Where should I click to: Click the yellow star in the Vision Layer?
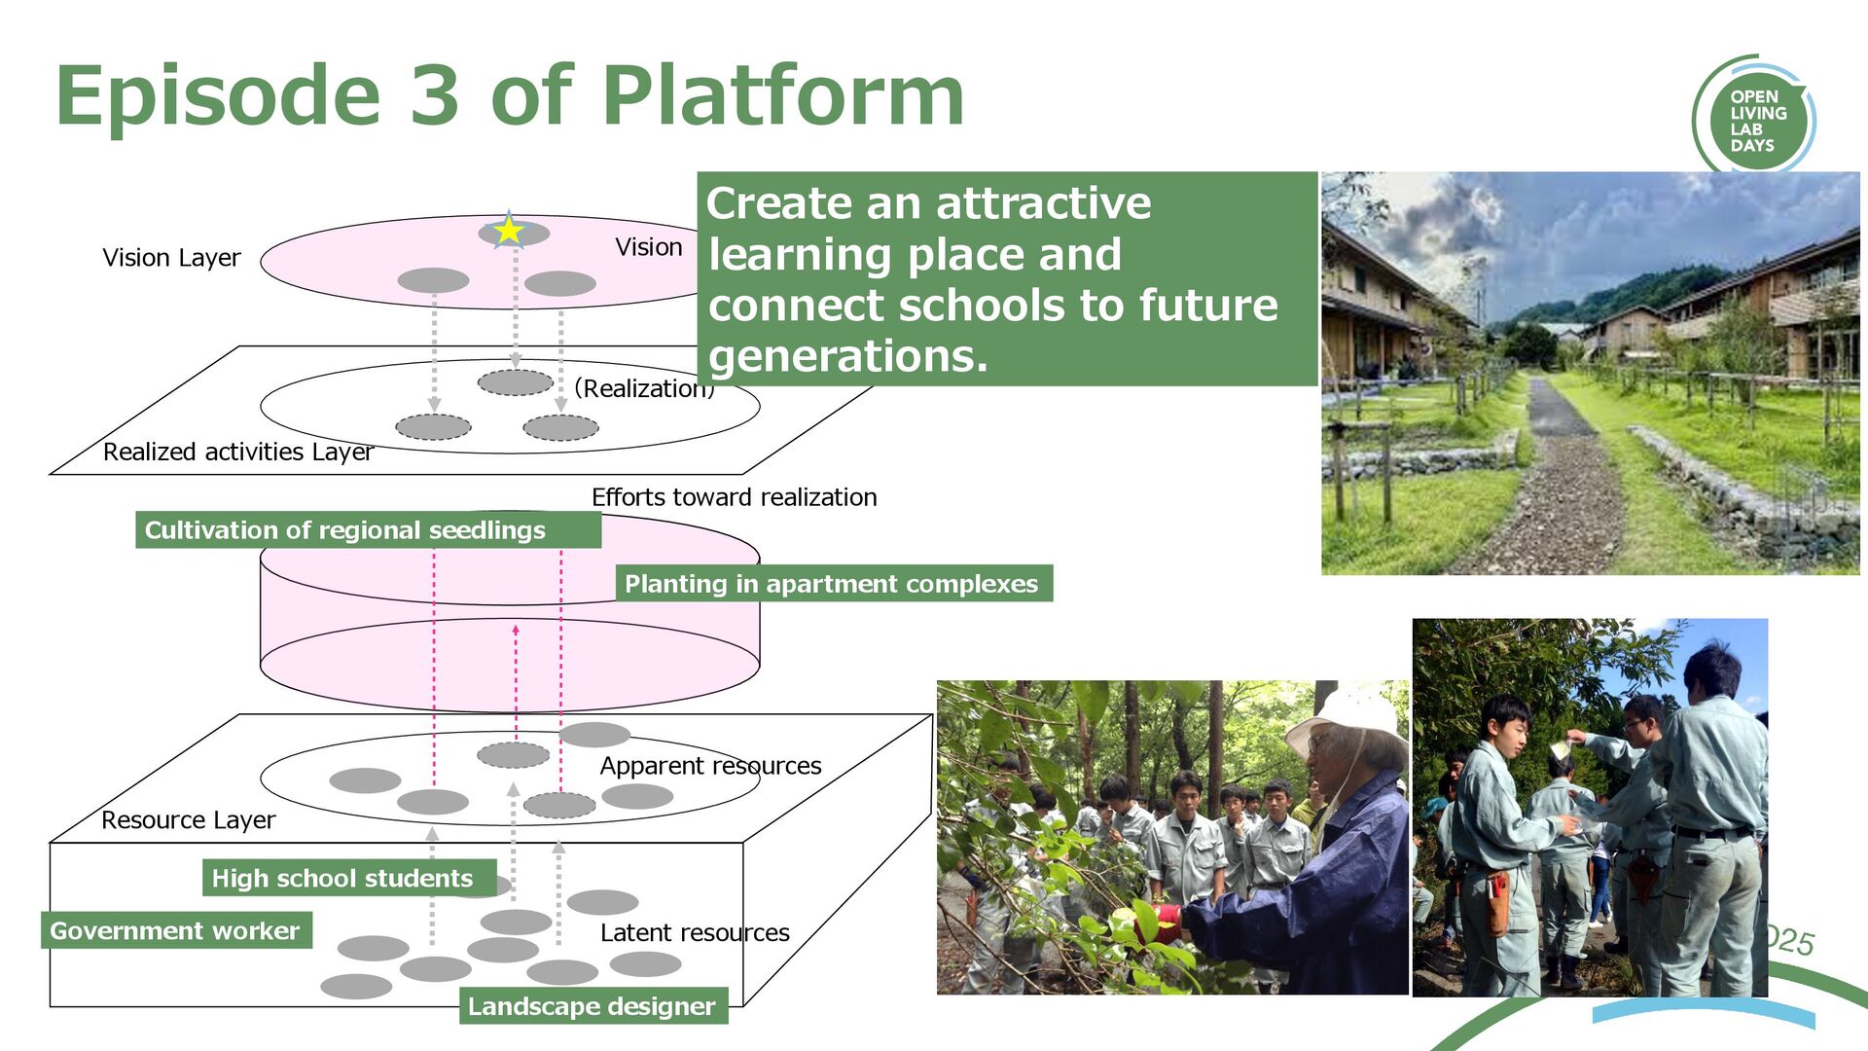508,232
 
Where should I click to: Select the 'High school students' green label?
342,878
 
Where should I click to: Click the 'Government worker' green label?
175,930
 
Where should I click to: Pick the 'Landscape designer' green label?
592,1006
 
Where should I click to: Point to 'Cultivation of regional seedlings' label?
345,530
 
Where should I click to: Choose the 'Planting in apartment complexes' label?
832,584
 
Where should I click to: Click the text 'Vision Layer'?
171,258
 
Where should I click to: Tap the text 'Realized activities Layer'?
237,452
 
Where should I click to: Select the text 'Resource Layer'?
188,820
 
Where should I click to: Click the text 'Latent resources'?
695,933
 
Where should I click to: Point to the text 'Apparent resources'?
710,766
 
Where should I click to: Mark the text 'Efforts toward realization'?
734,497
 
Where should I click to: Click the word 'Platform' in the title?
783,95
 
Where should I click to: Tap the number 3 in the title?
434,95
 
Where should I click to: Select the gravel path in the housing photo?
1566,487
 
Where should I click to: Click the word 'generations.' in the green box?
848,356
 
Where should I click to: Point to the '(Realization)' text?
644,388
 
